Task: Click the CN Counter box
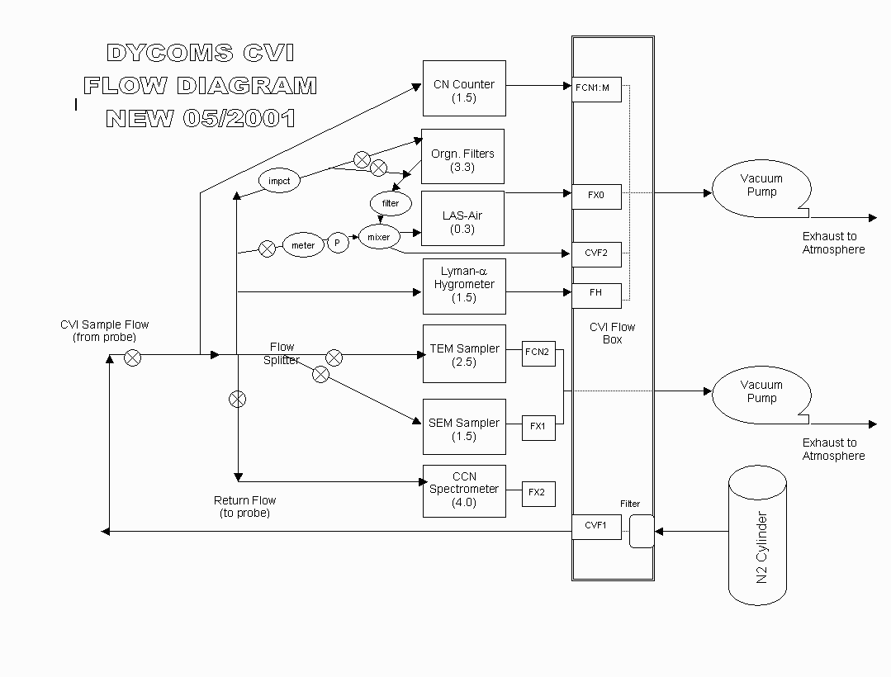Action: [x=464, y=88]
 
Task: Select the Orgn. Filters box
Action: [x=462, y=157]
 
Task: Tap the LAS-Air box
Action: [x=462, y=219]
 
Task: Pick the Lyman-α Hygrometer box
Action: [x=464, y=286]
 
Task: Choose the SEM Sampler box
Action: [x=464, y=427]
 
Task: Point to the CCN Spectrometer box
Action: [x=464, y=491]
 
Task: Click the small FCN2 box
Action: [x=538, y=352]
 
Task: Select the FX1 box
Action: [x=538, y=427]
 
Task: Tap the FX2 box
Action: [x=538, y=493]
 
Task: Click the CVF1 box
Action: [x=596, y=526]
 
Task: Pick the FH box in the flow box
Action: [x=596, y=293]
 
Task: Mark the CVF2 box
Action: [x=596, y=253]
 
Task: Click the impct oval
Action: [x=279, y=182]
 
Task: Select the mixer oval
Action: [x=378, y=237]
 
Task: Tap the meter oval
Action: [x=303, y=245]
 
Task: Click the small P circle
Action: [x=338, y=244]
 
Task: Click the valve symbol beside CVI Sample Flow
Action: [x=132, y=357]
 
